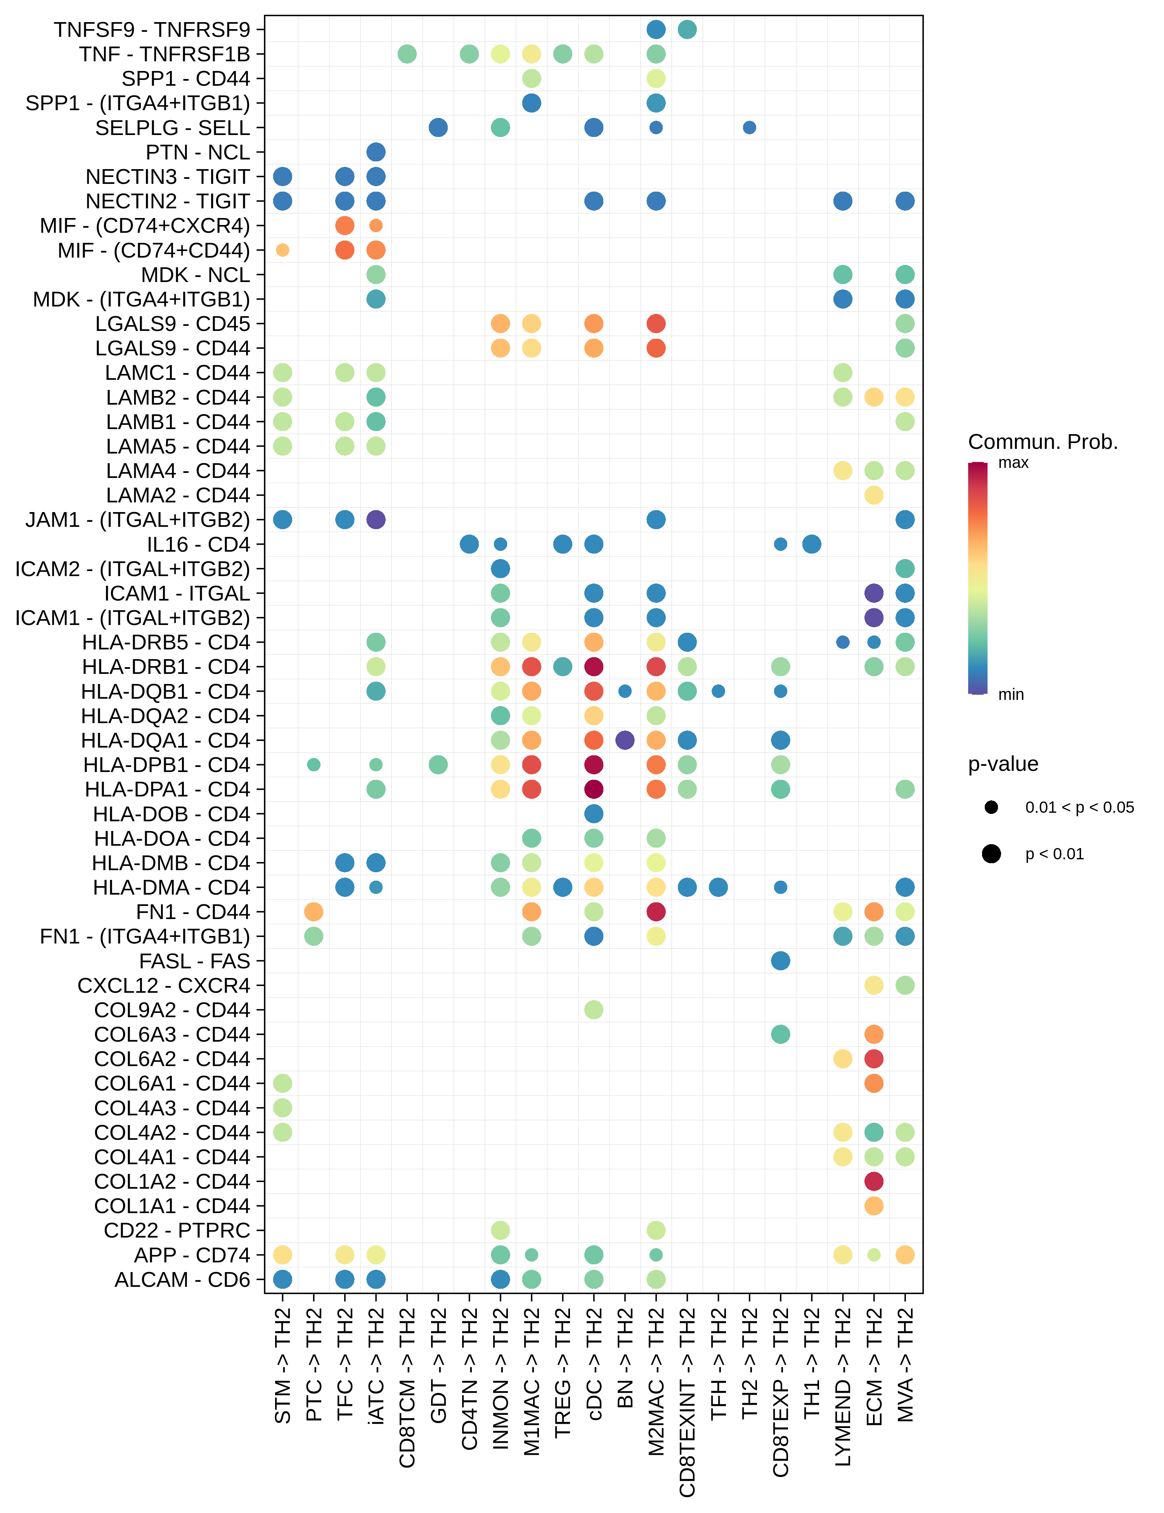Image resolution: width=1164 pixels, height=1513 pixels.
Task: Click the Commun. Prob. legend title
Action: [x=1043, y=442]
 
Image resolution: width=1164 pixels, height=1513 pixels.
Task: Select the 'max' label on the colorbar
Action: [x=1013, y=463]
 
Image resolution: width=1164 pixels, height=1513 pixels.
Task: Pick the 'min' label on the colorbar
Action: [x=1011, y=694]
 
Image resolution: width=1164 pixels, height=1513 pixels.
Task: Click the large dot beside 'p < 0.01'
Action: [x=991, y=853]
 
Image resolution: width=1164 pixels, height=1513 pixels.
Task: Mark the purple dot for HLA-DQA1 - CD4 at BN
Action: [x=625, y=740]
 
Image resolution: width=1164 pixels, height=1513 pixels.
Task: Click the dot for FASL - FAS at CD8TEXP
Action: [x=780, y=961]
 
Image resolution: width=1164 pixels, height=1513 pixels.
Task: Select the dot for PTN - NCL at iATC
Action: [x=376, y=152]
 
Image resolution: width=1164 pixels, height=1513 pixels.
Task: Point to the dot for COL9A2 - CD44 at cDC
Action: [x=594, y=1009]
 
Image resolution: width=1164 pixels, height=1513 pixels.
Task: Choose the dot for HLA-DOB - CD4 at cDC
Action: [x=594, y=813]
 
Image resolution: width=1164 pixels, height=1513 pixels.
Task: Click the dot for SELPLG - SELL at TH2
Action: [x=749, y=128]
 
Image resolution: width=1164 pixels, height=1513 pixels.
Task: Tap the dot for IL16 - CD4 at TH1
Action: [x=811, y=544]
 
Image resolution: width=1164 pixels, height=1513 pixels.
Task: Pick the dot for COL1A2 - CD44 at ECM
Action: [x=874, y=1181]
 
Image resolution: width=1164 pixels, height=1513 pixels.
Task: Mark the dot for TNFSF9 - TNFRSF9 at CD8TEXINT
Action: [x=687, y=30]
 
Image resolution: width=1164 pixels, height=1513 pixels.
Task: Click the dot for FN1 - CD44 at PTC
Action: [x=313, y=912]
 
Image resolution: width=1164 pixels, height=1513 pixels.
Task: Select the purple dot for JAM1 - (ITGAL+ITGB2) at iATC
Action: [x=376, y=519]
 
